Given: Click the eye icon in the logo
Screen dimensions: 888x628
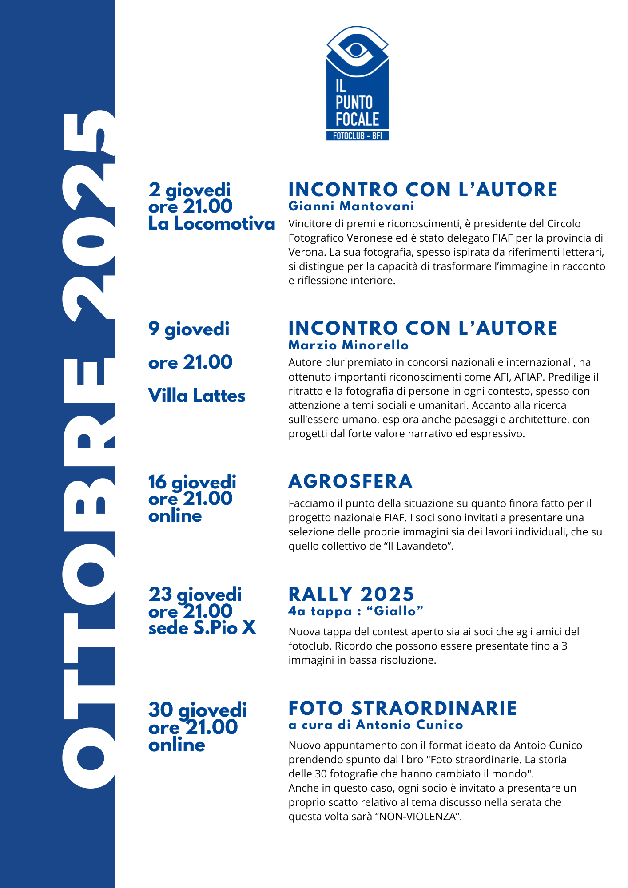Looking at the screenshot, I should [357, 49].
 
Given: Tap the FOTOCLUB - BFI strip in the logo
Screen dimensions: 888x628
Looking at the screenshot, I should [357, 136].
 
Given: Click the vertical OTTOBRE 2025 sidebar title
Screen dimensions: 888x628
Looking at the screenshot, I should [89, 448].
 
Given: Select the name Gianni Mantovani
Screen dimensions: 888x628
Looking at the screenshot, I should [351, 206].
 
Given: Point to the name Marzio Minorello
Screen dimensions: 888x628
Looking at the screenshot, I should [348, 345].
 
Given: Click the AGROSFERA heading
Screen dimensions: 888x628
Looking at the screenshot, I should [350, 482].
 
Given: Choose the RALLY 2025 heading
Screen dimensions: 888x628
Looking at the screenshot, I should [351, 594].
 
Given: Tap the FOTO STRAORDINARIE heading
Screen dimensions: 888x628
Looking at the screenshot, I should [402, 708].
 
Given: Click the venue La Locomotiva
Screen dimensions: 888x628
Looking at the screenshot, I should [211, 224].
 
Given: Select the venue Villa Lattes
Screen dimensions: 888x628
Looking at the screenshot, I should [196, 396].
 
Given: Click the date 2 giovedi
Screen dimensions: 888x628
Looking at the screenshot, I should [189, 190].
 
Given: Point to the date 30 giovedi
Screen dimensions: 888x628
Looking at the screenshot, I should [197, 710].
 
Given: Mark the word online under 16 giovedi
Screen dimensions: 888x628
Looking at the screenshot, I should [175, 516].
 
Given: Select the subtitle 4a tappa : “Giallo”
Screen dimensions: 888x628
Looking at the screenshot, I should [356, 611].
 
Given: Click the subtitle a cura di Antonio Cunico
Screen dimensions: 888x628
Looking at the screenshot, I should [376, 725].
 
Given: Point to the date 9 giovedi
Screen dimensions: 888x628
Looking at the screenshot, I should [189, 329].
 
